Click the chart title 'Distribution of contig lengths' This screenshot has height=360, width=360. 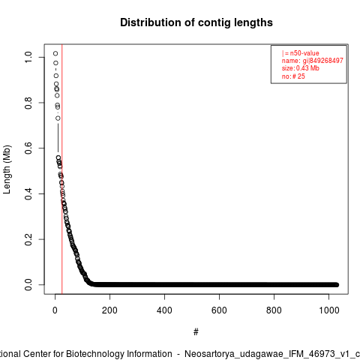[x=196, y=22]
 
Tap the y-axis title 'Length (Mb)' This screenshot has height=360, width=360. [x=7, y=169]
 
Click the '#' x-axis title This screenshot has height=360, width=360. [x=196, y=331]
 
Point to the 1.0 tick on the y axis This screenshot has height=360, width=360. [x=28, y=57]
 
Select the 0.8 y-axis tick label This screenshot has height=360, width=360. [x=28, y=103]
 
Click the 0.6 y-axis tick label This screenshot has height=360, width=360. [x=28, y=148]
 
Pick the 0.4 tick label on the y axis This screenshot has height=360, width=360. [x=28, y=193]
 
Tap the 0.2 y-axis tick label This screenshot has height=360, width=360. [x=28, y=239]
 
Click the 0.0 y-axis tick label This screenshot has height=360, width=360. [x=28, y=285]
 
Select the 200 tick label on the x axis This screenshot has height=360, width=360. [x=109, y=310]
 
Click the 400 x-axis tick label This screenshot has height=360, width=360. [x=164, y=310]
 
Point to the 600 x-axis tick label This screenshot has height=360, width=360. [x=219, y=310]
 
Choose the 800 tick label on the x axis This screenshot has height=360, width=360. [x=274, y=310]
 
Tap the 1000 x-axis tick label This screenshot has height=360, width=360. [x=329, y=310]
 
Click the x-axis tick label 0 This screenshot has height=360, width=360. [x=55, y=310]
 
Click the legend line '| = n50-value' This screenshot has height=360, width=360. [x=301, y=53]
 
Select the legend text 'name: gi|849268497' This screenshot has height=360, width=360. [x=313, y=61]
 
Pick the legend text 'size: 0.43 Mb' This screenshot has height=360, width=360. [x=301, y=68]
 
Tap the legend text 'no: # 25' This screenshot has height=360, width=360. [x=293, y=76]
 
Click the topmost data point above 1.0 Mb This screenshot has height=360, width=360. [x=55, y=53]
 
